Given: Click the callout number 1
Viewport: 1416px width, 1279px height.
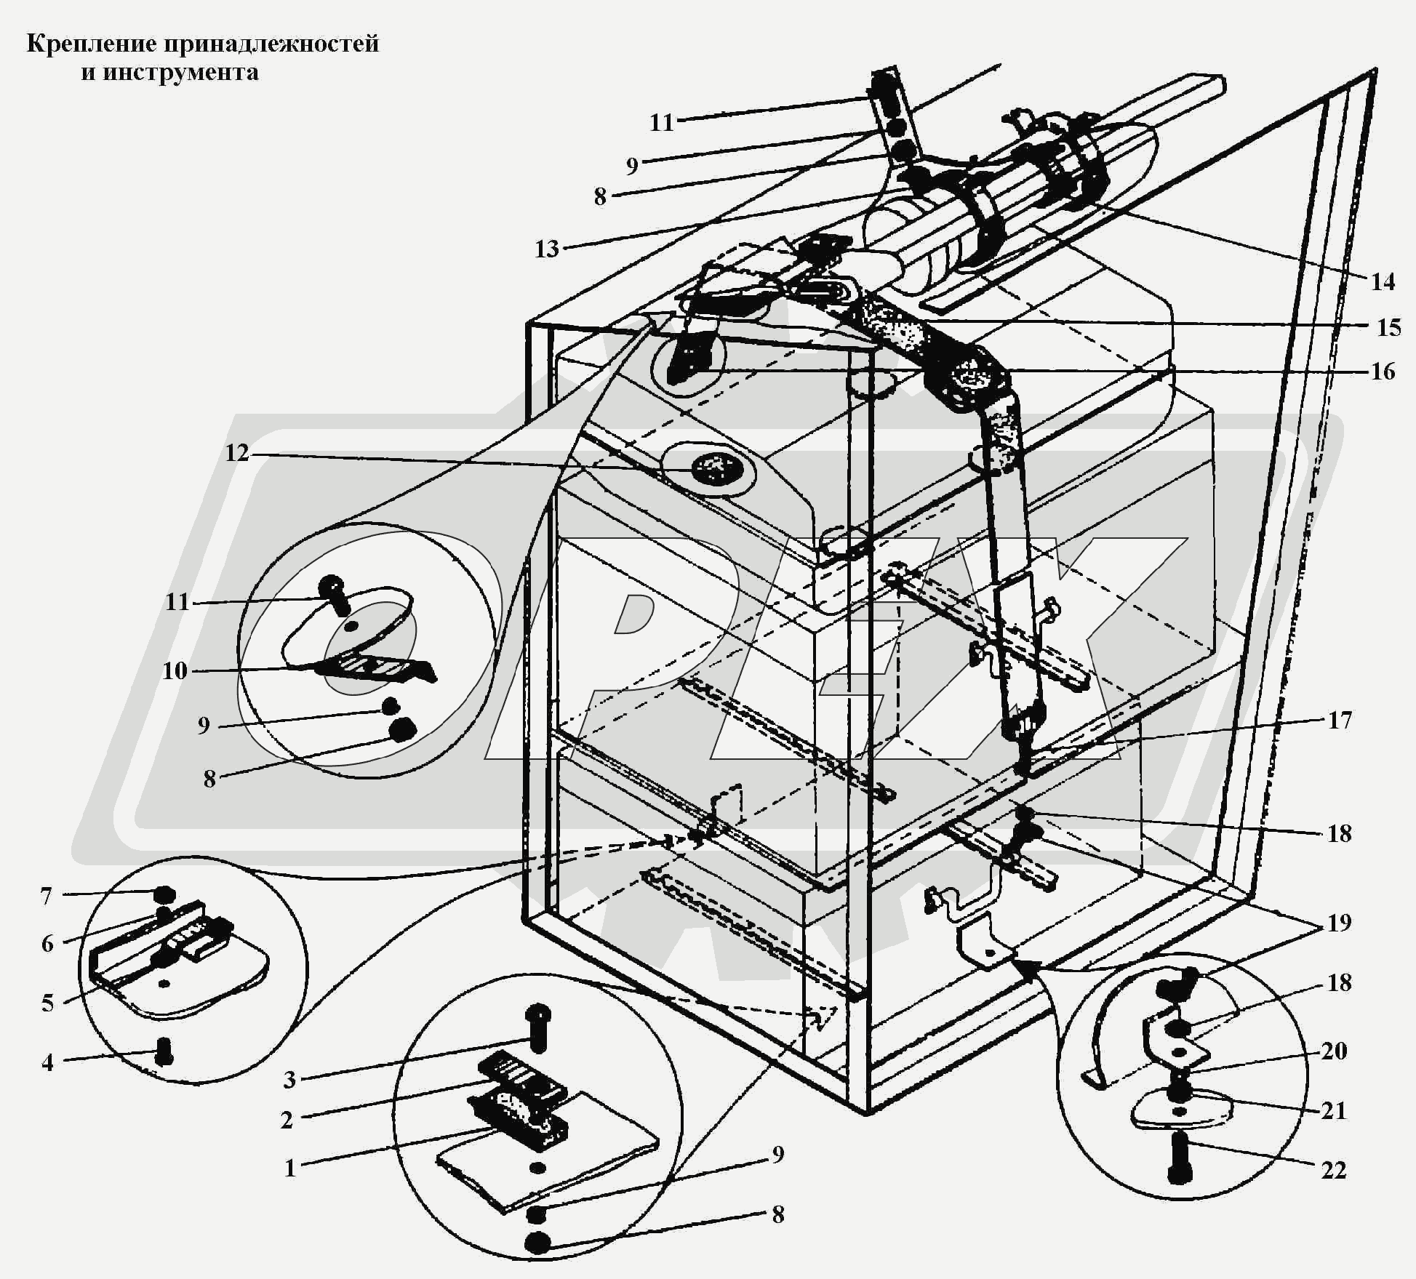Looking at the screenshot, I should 290,1168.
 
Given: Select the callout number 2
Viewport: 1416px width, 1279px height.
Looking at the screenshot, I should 287,1120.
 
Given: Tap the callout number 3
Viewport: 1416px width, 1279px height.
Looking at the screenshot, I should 289,1079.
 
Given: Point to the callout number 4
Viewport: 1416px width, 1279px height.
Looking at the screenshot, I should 48,1062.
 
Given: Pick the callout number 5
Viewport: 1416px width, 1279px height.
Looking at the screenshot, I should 48,1003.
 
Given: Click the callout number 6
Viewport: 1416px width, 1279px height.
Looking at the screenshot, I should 48,943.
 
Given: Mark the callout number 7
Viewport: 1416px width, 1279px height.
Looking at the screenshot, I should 47,896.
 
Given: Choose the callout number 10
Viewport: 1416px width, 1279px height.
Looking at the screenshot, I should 175,670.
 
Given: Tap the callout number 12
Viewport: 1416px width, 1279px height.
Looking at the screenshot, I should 237,453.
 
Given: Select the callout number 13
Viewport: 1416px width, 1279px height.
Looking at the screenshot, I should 547,249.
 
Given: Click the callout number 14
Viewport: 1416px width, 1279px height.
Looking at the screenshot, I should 1383,281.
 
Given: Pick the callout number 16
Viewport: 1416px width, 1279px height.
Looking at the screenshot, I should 1383,372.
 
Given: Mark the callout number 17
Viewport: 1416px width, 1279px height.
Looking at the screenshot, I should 1340,720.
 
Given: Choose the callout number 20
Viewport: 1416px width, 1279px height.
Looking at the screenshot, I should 1334,1050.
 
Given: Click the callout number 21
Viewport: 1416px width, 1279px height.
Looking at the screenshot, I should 1334,1110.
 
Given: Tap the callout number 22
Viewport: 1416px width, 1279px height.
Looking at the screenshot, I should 1334,1170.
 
